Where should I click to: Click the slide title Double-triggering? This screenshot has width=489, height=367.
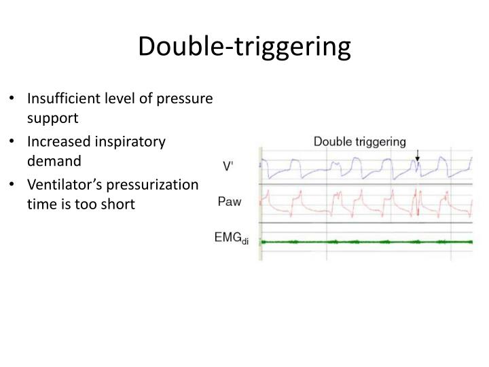(244, 46)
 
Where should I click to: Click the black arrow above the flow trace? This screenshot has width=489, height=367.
(418, 156)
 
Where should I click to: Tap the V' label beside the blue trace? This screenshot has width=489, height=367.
(230, 166)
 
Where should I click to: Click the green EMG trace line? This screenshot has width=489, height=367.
(367, 242)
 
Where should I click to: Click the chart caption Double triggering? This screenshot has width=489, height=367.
(359, 142)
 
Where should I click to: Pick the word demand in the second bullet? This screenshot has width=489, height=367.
(54, 160)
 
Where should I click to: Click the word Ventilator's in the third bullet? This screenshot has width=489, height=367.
(62, 185)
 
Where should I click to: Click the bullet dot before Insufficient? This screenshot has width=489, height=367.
(16, 99)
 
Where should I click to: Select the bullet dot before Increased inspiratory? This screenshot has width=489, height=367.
(16, 142)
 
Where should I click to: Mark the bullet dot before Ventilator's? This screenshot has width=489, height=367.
(16, 186)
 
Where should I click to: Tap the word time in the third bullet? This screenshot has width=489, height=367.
(39, 203)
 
